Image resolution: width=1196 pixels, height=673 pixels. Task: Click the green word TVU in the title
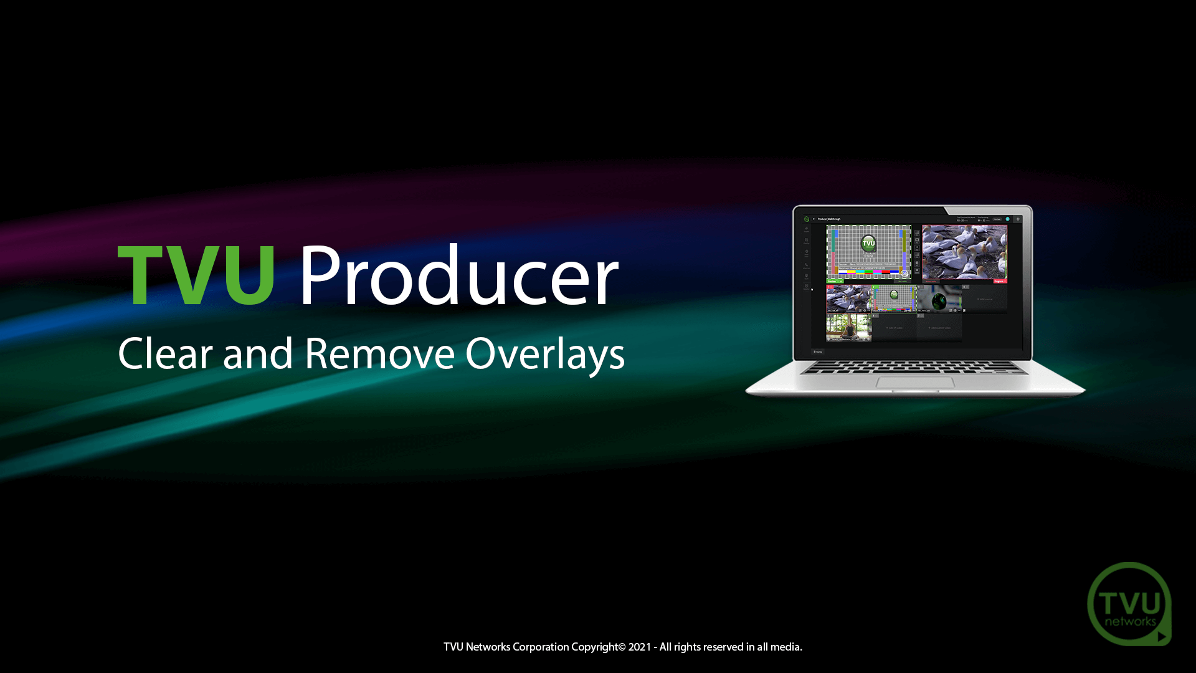pyautogui.click(x=196, y=275)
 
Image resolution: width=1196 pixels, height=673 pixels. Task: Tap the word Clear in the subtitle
pyautogui.click(x=165, y=354)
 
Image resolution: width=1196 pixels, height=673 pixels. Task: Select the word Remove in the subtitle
pyautogui.click(x=379, y=354)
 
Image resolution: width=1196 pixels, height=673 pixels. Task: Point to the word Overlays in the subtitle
pyautogui.click(x=544, y=354)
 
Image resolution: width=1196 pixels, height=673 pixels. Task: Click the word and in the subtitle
pyautogui.click(x=258, y=354)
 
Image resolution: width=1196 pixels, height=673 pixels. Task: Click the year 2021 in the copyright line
pyautogui.click(x=639, y=647)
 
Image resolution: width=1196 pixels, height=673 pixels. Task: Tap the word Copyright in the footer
pyautogui.click(x=594, y=647)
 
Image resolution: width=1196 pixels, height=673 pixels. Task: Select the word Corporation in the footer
pyautogui.click(x=541, y=647)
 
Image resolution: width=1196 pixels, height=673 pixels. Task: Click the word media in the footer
pyautogui.click(x=785, y=647)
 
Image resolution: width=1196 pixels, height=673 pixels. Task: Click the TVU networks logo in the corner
pyautogui.click(x=1129, y=604)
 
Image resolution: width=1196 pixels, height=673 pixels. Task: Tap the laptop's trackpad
pyautogui.click(x=915, y=382)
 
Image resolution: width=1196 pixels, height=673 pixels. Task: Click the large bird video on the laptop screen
pyautogui.click(x=964, y=252)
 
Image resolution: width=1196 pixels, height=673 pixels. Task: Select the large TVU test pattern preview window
pyautogui.click(x=868, y=252)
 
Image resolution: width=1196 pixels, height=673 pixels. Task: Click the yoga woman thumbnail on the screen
pyautogui.click(x=848, y=327)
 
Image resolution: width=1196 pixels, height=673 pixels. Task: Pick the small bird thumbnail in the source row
pyautogui.click(x=848, y=298)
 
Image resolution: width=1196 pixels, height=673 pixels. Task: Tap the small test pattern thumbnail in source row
pyautogui.click(x=894, y=298)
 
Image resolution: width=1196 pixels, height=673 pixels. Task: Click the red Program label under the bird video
pyautogui.click(x=999, y=282)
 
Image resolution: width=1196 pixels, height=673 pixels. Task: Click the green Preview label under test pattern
pyautogui.click(x=833, y=282)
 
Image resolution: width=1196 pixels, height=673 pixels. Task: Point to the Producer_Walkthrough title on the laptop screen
pyautogui.click(x=829, y=219)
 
